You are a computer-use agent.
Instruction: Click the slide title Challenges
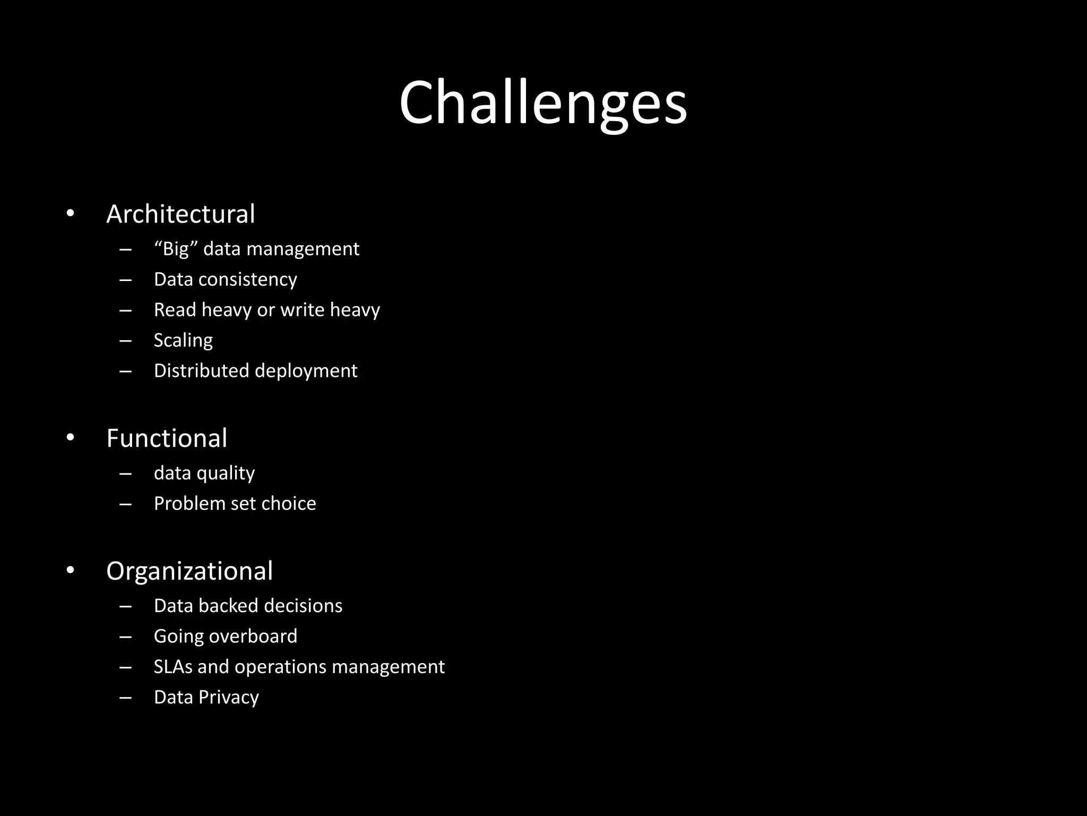pyautogui.click(x=543, y=103)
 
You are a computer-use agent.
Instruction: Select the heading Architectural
pyautogui.click(x=180, y=214)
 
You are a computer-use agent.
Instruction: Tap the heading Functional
pyautogui.click(x=167, y=439)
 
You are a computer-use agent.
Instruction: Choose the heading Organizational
pyautogui.click(x=189, y=572)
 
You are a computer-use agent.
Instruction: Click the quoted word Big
pyautogui.click(x=176, y=249)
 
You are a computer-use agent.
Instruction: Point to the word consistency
pyautogui.click(x=248, y=279)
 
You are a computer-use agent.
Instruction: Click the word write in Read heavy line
pyautogui.click(x=302, y=310)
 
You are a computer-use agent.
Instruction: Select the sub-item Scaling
pyautogui.click(x=183, y=341)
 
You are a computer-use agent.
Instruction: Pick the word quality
pyautogui.click(x=226, y=473)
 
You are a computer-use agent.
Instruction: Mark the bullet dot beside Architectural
pyautogui.click(x=71, y=214)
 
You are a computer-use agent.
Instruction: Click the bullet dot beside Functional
pyautogui.click(x=71, y=438)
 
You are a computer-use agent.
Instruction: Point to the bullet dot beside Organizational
pyautogui.click(x=71, y=571)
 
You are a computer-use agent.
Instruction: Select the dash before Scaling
pyautogui.click(x=126, y=341)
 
